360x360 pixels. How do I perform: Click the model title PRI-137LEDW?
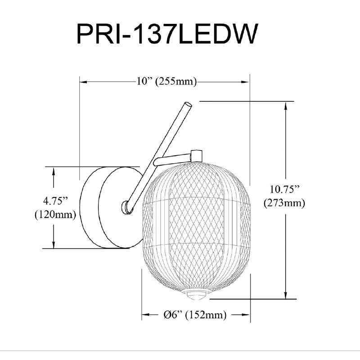(167, 34)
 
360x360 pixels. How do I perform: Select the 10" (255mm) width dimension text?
(167, 81)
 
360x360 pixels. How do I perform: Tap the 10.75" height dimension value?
(285, 190)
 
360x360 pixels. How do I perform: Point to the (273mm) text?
(284, 203)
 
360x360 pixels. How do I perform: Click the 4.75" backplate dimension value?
(55, 201)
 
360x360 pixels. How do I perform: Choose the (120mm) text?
(55, 215)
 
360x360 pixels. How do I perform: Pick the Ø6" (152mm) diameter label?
(195, 315)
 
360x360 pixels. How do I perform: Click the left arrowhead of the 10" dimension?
(83, 82)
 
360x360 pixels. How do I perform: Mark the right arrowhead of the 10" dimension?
(246, 82)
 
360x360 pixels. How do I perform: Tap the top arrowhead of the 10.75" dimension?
(286, 105)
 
